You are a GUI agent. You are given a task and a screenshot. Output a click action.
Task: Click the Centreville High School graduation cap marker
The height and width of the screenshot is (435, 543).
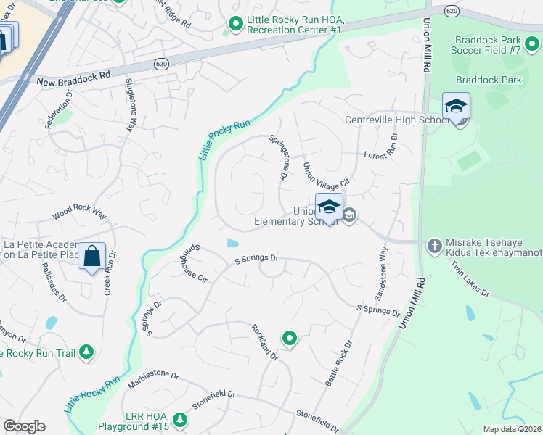(456, 107)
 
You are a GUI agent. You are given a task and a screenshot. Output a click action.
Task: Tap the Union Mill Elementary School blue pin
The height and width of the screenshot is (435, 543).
(329, 207)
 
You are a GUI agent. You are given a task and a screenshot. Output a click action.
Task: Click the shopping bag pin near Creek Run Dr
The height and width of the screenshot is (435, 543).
(92, 257)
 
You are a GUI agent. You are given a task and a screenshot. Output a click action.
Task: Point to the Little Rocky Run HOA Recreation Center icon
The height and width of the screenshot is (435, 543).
(235, 25)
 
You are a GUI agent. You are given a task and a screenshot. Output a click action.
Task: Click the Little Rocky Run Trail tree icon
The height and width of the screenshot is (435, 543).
(87, 352)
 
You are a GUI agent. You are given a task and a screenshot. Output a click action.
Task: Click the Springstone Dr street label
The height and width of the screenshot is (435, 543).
(279, 157)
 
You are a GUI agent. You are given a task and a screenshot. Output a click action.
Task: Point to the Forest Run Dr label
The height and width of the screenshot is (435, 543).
(383, 147)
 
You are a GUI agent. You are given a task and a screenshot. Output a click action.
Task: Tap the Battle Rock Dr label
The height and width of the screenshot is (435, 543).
(339, 362)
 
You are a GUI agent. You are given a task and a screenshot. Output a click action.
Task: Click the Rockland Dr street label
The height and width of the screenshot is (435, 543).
(265, 341)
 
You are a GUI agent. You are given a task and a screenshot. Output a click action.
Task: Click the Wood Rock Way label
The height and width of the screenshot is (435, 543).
(79, 215)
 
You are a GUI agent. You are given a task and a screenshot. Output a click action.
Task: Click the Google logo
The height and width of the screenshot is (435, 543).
(24, 426)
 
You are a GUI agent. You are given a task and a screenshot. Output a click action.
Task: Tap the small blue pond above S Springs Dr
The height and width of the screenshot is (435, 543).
(232, 243)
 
